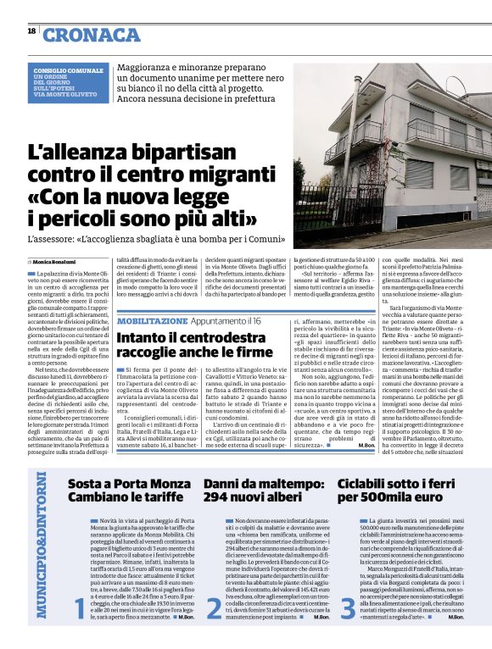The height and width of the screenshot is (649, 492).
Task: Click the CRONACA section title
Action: tap(92, 34)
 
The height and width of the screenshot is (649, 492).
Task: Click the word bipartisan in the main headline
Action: tap(179, 155)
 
